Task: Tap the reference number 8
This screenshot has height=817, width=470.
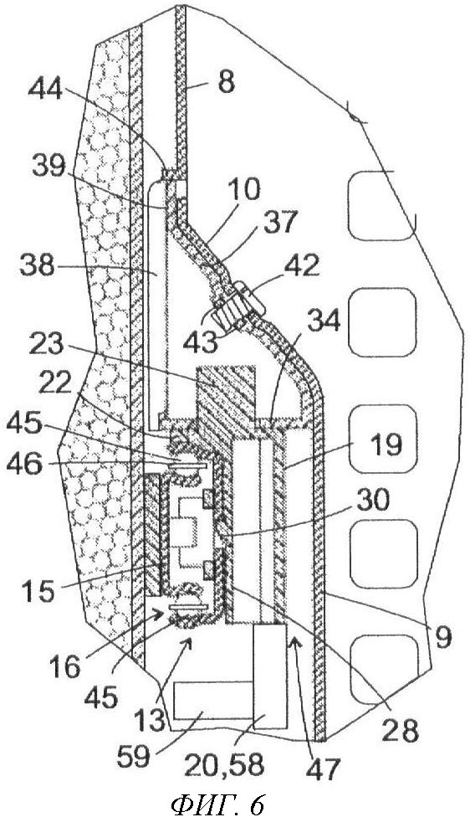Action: pos(225,82)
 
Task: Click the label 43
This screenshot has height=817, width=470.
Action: pos(201,343)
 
